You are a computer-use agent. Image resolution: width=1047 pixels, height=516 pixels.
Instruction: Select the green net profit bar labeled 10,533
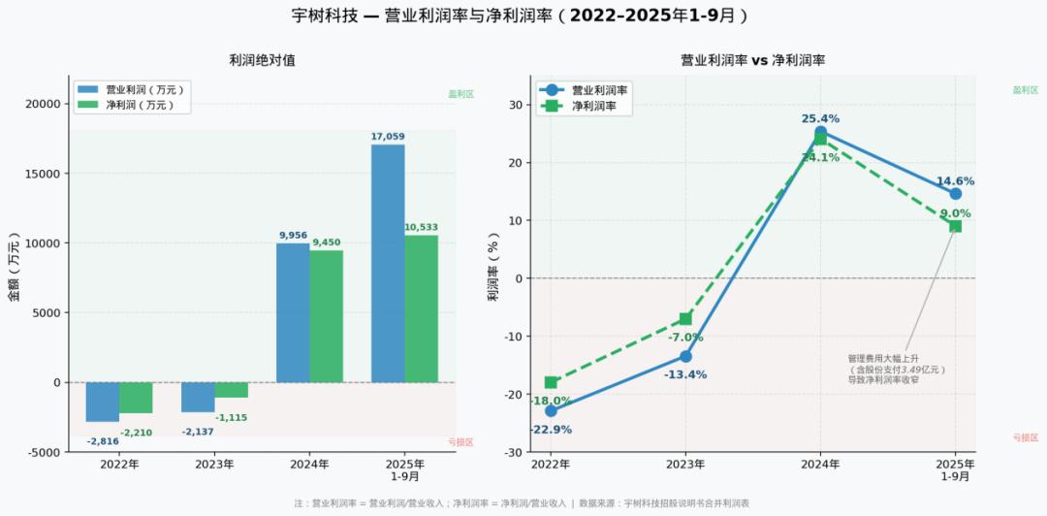(421, 308)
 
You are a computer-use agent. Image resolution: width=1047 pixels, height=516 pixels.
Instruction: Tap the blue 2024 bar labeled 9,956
(293, 312)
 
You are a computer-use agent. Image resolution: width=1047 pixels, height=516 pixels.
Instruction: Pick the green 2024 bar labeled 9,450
(327, 316)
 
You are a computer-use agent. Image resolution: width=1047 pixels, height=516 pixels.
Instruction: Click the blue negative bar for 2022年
(103, 402)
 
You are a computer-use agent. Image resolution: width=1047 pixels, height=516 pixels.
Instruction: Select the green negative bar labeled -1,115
(231, 390)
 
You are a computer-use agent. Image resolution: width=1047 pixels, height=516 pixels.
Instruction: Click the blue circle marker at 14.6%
(955, 194)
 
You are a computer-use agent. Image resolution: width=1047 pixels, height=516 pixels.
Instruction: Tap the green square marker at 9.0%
(955, 226)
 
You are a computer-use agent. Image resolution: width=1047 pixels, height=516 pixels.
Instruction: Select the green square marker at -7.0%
(685, 319)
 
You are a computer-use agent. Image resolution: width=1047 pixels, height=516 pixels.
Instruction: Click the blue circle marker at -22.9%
(551, 411)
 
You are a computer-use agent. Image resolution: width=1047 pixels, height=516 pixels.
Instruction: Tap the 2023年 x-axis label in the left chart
(214, 465)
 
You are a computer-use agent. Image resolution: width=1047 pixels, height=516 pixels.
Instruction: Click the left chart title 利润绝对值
(262, 60)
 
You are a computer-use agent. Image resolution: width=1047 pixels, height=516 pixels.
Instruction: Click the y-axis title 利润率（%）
(493, 267)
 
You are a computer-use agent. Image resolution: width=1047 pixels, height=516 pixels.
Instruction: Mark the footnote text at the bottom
(522, 503)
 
